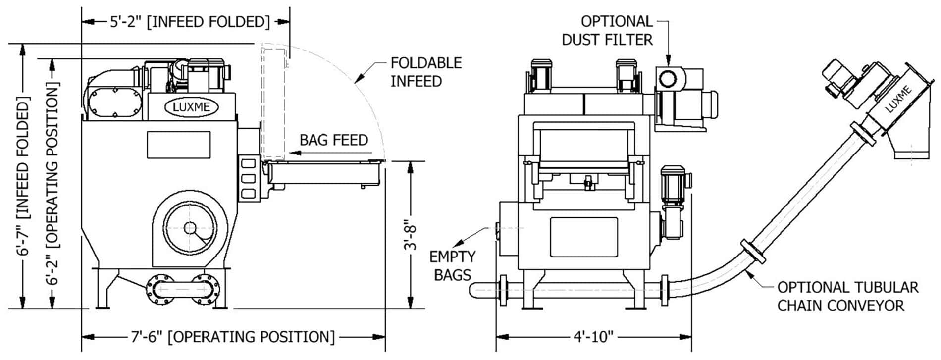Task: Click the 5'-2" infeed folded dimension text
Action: pos(190,22)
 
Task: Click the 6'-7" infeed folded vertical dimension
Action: pos(23,176)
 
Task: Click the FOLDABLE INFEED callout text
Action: pos(425,72)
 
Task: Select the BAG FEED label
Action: pos(334,140)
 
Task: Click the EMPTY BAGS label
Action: pos(452,265)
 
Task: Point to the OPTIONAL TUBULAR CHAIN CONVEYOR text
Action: pos(847,296)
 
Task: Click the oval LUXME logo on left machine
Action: pos(191,106)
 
